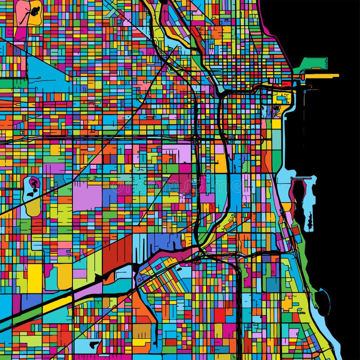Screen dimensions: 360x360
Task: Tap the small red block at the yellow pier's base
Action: coord(302,77)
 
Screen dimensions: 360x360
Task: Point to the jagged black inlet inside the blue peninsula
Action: coord(310,220)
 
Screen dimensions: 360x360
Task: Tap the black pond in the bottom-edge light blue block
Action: coord(94,345)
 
